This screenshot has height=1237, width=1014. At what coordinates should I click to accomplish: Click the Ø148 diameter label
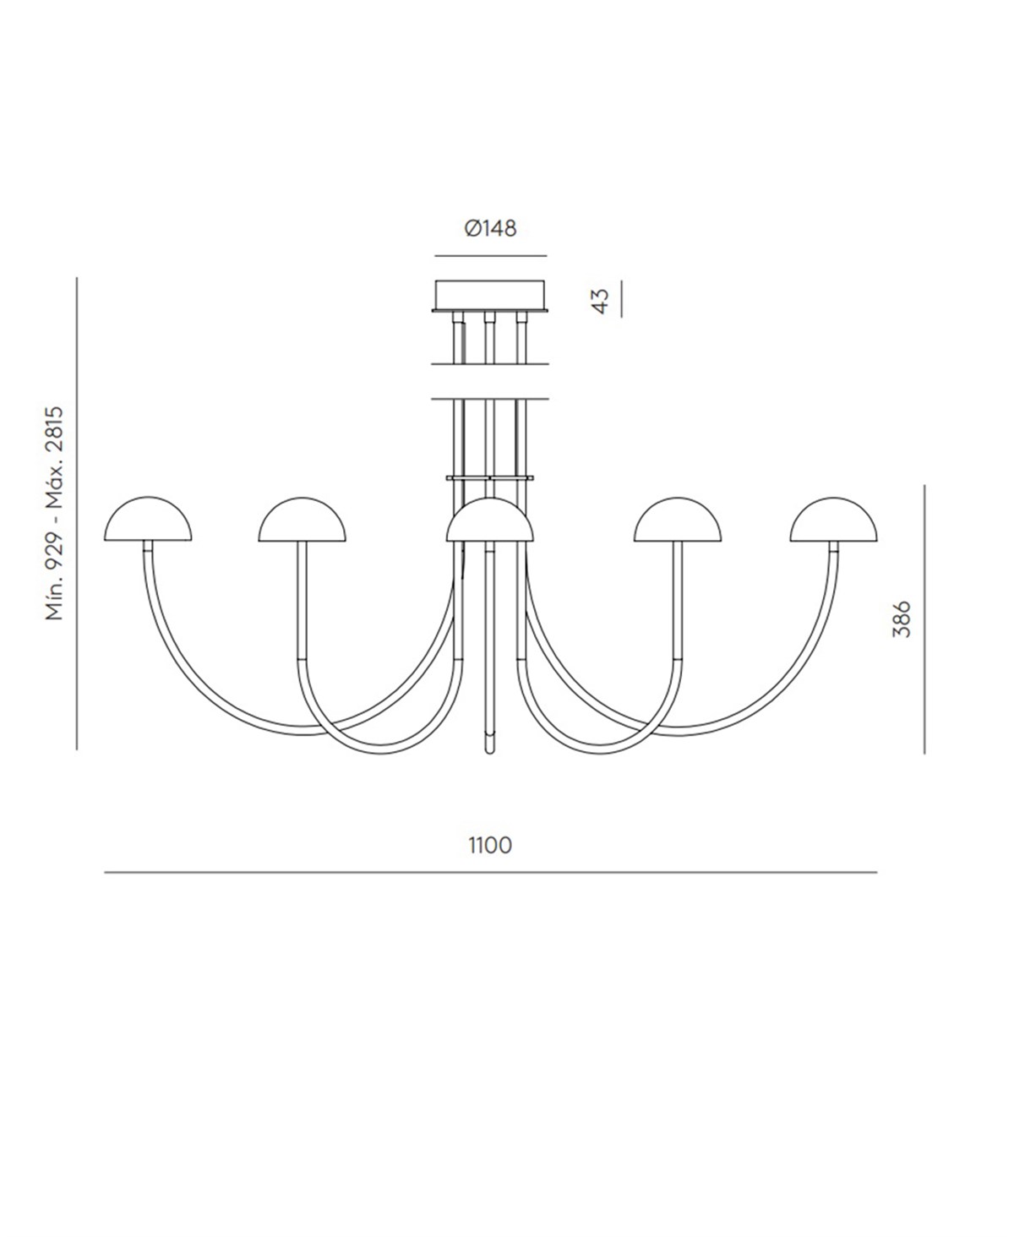490,229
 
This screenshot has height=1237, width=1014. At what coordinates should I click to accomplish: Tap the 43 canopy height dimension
602,302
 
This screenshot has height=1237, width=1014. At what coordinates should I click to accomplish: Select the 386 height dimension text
901,618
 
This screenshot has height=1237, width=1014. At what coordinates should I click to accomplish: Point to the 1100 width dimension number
490,845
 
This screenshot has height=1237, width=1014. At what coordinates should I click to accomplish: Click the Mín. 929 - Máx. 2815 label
54,513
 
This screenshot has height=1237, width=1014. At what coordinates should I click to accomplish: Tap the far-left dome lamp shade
148,520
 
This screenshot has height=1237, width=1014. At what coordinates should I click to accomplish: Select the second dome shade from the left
302,520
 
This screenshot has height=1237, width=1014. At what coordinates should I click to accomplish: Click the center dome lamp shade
490,520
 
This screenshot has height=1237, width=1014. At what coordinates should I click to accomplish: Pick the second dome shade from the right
678,520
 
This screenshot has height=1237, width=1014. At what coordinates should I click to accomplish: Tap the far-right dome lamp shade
833,520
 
